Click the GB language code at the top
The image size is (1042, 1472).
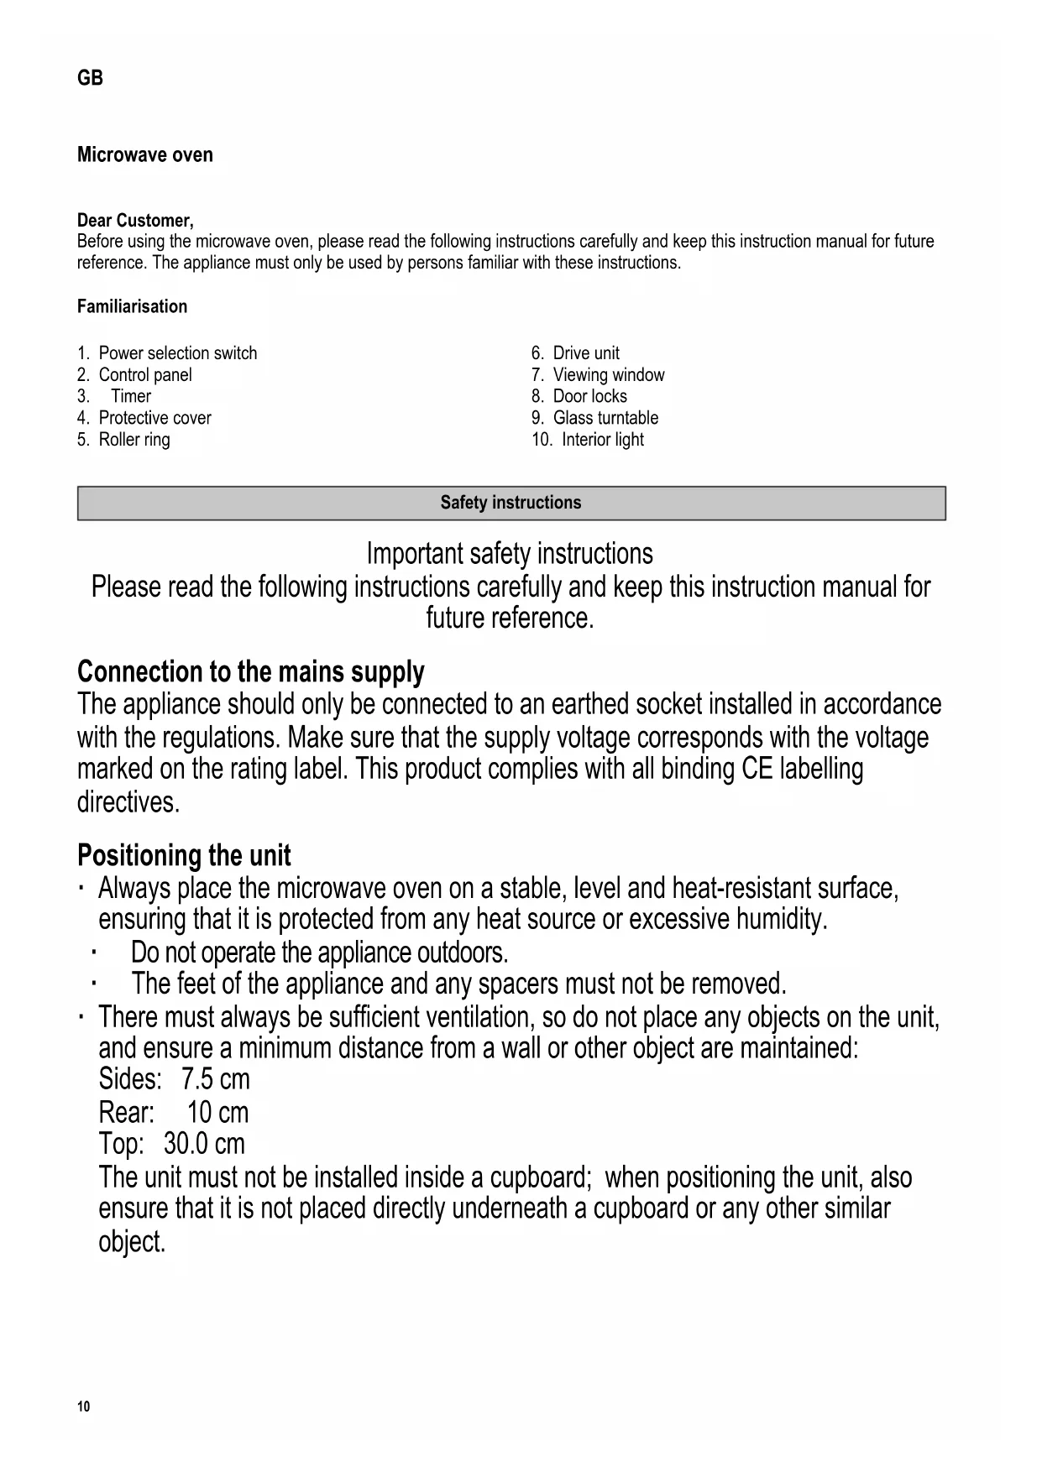pyautogui.click(x=90, y=78)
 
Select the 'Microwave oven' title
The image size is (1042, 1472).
pyautogui.click(x=144, y=155)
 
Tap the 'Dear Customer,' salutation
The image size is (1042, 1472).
pyautogui.click(x=135, y=221)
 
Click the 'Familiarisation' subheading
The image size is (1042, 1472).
pyautogui.click(x=132, y=306)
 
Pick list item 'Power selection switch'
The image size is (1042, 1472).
pyautogui.click(x=177, y=353)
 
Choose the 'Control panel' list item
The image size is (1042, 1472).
pyautogui.click(x=144, y=375)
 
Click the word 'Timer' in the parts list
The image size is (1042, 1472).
pyautogui.click(x=131, y=396)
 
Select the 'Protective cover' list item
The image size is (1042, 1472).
pyautogui.click(x=154, y=418)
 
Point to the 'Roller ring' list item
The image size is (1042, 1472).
pyautogui.click(x=134, y=440)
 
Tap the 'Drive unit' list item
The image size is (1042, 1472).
pyautogui.click(x=585, y=353)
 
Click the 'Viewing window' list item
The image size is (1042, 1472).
pyautogui.click(x=608, y=375)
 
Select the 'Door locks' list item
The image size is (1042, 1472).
pyautogui.click(x=589, y=396)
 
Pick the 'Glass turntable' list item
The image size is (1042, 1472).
pyautogui.click(x=605, y=418)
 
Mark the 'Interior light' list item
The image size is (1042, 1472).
pyautogui.click(x=602, y=440)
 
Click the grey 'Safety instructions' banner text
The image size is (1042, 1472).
pyautogui.click(x=511, y=503)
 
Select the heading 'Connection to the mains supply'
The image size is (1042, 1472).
pyautogui.click(x=250, y=672)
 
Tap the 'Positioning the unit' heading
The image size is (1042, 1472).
pyautogui.click(x=184, y=856)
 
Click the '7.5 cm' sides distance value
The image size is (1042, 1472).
pyautogui.click(x=215, y=1079)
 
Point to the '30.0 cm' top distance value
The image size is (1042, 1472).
pyautogui.click(x=204, y=1144)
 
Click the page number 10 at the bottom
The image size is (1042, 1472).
pyautogui.click(x=82, y=1407)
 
